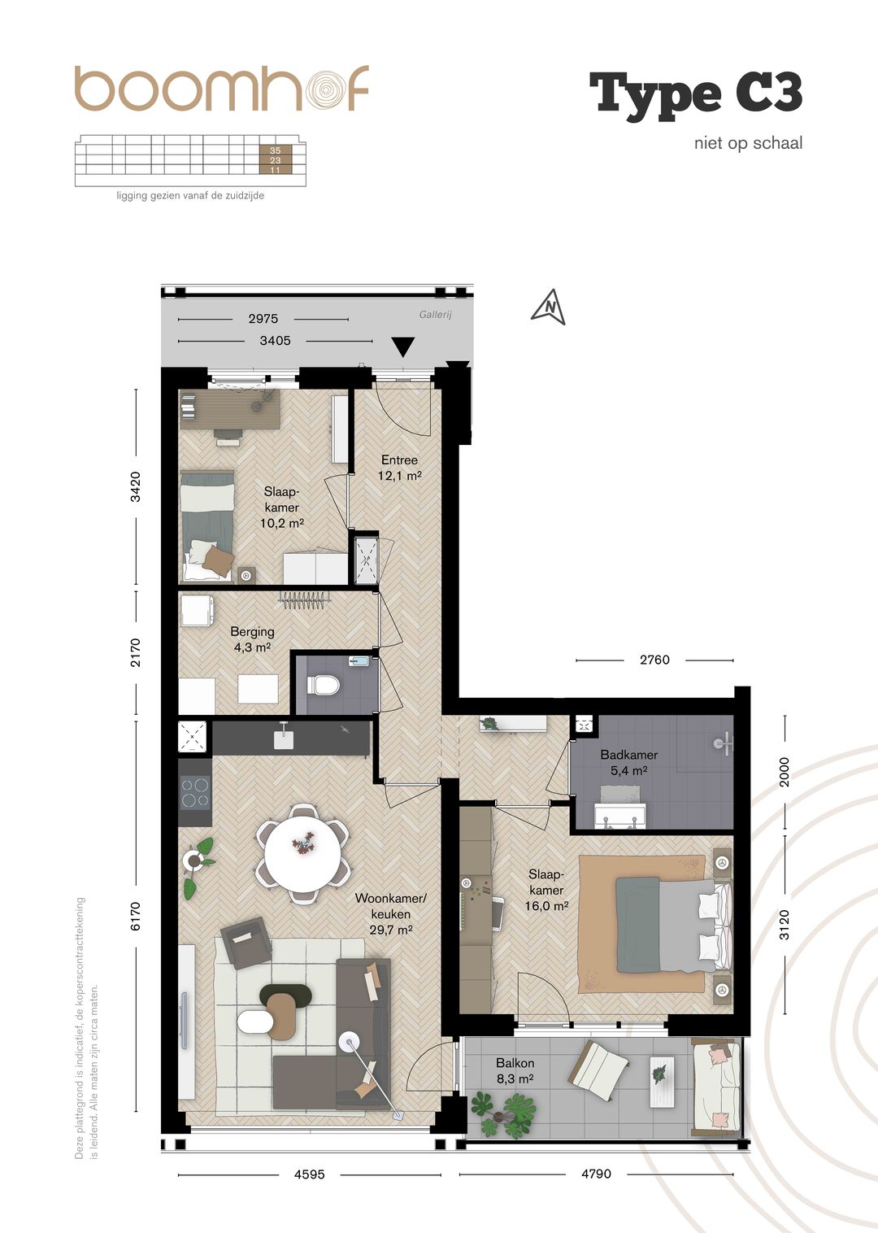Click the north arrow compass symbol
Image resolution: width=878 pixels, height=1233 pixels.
point(549,307)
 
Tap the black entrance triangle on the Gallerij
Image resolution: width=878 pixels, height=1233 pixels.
point(403,347)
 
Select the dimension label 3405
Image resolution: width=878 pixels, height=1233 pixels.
point(275,341)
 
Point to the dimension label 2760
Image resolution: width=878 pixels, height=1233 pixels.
point(654,660)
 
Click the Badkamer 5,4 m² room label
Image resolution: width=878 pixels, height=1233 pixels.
point(628,762)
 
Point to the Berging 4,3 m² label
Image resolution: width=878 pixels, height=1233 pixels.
point(252,639)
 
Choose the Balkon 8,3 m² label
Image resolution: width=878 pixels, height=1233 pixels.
point(515,1070)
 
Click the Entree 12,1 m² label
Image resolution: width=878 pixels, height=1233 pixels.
point(399,468)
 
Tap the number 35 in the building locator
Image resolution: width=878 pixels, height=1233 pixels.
point(275,150)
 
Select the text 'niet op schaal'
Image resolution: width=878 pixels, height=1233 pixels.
point(748,143)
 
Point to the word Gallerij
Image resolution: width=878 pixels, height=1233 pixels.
point(435,315)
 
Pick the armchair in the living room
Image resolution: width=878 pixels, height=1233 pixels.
point(246,943)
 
